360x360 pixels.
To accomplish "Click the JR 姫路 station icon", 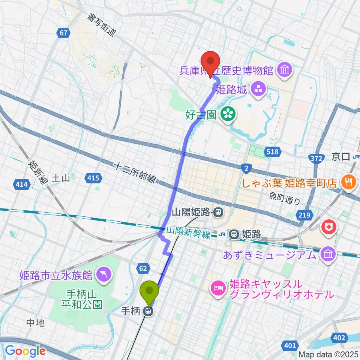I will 234,234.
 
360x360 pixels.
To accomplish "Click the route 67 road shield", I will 64,33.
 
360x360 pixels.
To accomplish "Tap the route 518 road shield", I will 273,151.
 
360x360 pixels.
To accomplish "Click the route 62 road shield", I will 144,268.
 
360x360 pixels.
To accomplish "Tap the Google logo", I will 25,351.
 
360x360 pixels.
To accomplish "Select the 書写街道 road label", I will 101,24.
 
